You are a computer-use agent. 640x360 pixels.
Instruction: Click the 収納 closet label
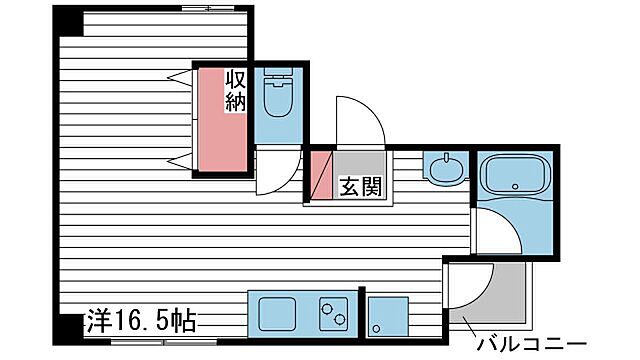tap(236, 90)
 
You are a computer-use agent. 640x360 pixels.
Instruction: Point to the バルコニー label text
tap(529, 343)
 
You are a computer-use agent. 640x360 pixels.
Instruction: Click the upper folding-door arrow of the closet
tap(179, 77)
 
